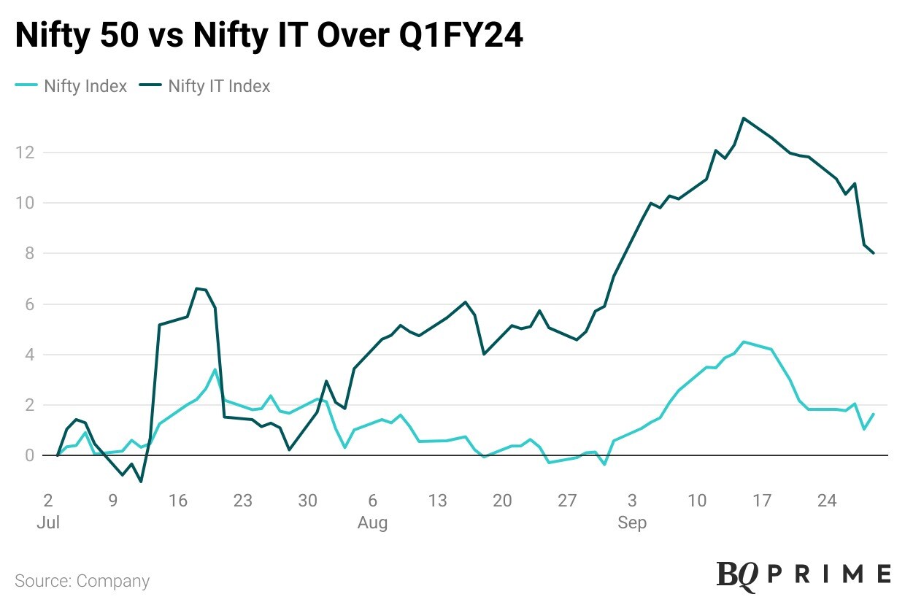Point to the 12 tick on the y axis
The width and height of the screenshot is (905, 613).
click(x=28, y=153)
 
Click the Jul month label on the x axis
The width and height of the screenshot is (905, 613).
click(x=47, y=523)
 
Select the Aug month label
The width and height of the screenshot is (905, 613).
click(x=372, y=523)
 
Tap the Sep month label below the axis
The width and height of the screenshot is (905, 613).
click(x=632, y=523)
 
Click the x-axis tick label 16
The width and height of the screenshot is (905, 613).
click(x=178, y=501)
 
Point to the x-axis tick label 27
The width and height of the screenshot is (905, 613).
click(x=567, y=501)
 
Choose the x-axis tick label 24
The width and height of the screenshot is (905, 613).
click(x=827, y=501)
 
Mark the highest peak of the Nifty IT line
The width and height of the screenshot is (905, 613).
click(x=743, y=118)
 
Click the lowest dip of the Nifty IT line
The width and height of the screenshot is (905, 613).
click(x=140, y=482)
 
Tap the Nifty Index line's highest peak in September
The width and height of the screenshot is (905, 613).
click(x=743, y=342)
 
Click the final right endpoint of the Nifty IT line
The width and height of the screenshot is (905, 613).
click(x=874, y=253)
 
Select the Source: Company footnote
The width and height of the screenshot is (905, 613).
click(x=82, y=581)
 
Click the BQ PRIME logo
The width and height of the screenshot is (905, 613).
click(x=803, y=574)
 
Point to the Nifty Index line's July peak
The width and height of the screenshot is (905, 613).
click(x=215, y=369)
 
